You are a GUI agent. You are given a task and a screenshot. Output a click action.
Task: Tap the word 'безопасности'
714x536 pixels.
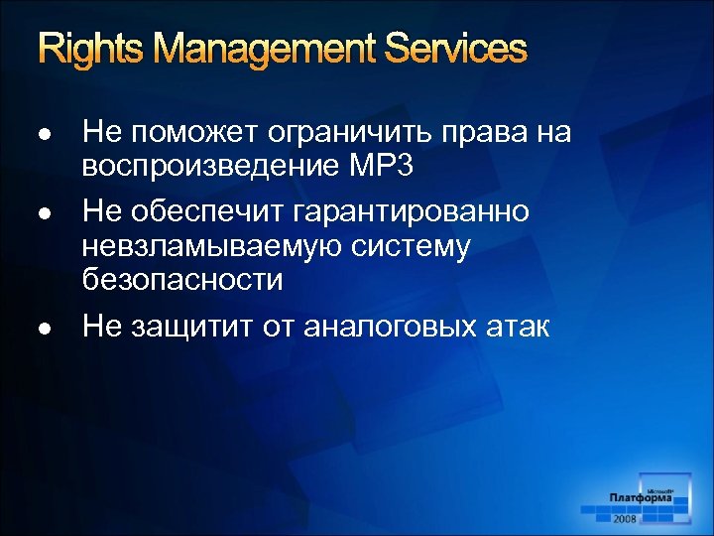point(182,280)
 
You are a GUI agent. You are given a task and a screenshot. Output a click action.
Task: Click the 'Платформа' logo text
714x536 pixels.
point(642,498)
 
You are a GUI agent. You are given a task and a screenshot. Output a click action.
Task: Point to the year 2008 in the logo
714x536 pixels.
point(627,519)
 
